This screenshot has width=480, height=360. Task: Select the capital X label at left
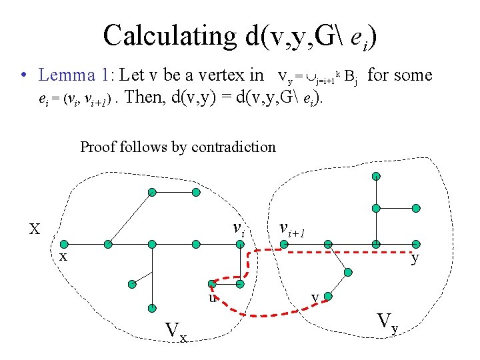35,229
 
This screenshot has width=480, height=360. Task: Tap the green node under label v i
239,244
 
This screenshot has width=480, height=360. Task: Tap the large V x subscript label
176,330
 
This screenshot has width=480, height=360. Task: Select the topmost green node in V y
376,176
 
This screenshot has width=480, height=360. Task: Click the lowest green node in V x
151,308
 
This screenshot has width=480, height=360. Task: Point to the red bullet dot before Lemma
23,76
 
